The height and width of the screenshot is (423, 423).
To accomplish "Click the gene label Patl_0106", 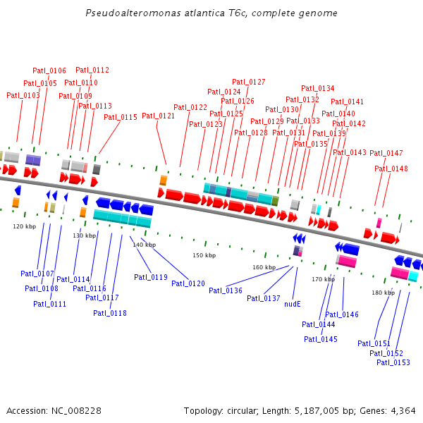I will click(49, 70).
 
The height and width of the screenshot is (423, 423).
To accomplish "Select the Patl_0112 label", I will click(92, 70).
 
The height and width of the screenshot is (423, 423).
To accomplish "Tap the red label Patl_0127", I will click(249, 82).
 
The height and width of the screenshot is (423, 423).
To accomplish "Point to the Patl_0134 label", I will click(318, 88).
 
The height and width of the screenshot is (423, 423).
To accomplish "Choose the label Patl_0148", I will click(391, 168).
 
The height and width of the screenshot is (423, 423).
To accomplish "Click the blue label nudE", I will click(293, 305).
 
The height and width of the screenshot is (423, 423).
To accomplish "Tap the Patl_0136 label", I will click(226, 290).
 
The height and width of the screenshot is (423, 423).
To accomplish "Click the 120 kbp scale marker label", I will click(24, 226).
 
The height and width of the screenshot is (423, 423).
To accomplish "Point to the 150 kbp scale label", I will click(204, 255).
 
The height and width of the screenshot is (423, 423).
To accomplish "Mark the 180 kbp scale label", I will click(383, 292).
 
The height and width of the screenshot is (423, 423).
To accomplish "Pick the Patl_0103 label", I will click(23, 95).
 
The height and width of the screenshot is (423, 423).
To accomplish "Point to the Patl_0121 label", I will click(159, 116).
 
